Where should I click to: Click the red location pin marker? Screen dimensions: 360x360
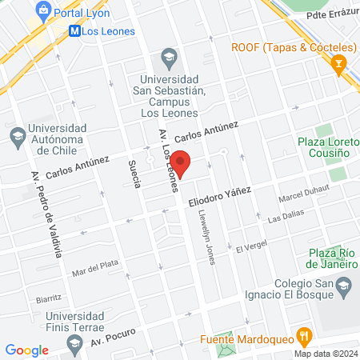tap(182, 162)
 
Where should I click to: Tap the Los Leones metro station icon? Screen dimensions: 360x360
tap(74, 32)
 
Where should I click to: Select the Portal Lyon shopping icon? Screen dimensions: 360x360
tap(42, 13)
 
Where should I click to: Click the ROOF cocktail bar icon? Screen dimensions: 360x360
tap(342, 63)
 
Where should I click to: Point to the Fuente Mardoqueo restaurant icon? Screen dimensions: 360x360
tap(303, 335)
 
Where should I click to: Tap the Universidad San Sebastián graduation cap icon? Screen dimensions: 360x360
tap(169, 56)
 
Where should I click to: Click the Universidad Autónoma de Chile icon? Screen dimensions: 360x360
tap(17, 138)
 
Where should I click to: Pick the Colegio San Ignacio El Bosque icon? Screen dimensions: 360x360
tap(343, 285)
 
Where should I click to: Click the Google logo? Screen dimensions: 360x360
tap(27, 350)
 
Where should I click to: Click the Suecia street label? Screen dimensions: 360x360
tap(134, 174)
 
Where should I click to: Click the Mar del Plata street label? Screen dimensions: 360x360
tap(95, 267)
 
